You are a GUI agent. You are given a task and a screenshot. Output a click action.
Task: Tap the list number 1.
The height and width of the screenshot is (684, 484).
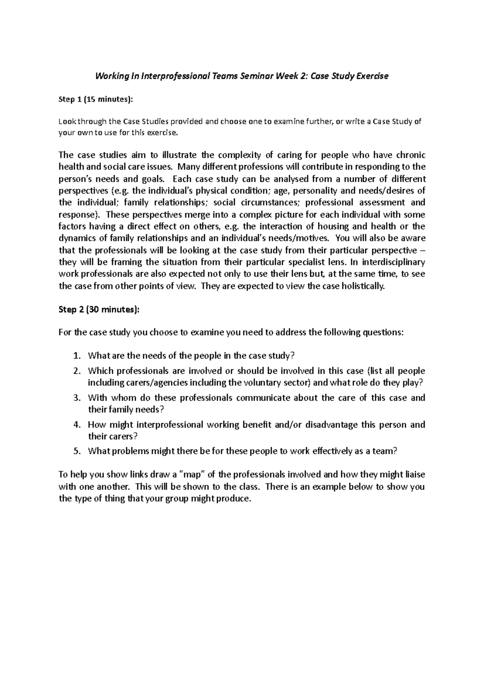tap(77, 356)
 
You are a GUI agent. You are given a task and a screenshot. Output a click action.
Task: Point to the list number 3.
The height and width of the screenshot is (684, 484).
tap(77, 398)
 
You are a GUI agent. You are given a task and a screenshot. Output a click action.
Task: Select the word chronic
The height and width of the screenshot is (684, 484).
tap(411, 155)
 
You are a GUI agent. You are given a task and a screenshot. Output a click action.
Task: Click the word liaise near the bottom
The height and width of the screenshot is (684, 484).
tap(413, 475)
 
